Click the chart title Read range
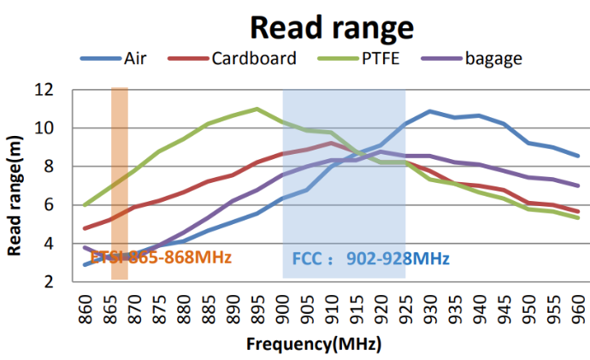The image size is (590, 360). [331, 27]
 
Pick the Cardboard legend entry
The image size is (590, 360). [254, 59]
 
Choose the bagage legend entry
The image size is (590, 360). [493, 59]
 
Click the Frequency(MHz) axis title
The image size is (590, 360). [314, 345]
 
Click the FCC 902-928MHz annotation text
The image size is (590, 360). [370, 257]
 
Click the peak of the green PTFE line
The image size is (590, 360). [257, 109]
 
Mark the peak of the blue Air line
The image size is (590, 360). [430, 111]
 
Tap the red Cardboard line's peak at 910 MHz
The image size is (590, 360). [332, 143]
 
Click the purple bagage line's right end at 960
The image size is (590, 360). [578, 186]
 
